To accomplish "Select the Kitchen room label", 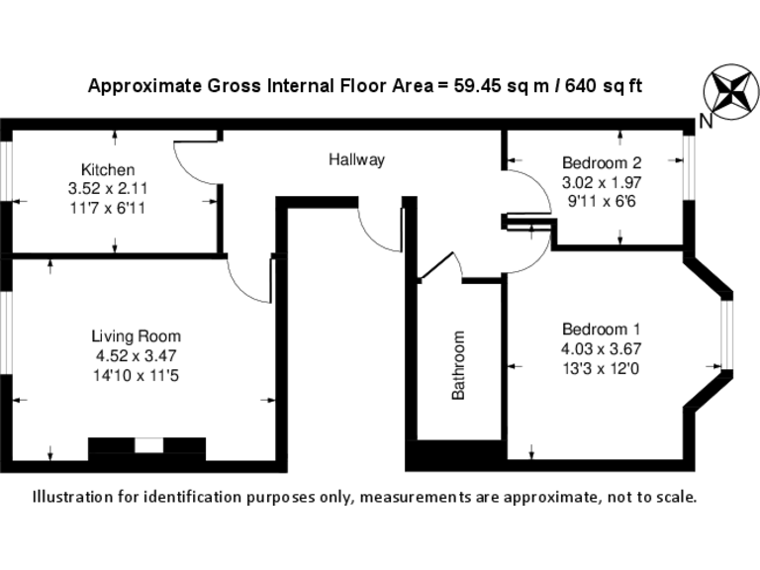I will [x=108, y=170].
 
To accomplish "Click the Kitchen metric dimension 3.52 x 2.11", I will [x=108, y=187].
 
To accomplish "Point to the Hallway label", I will [x=356, y=159].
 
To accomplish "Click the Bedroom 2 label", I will [x=602, y=163].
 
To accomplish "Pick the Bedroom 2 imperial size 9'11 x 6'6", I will [x=602, y=199].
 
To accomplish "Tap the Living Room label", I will [x=136, y=336].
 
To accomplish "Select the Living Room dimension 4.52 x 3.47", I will [x=136, y=354].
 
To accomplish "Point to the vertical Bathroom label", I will [x=458, y=365].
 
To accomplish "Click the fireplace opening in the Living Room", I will [x=147, y=446].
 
